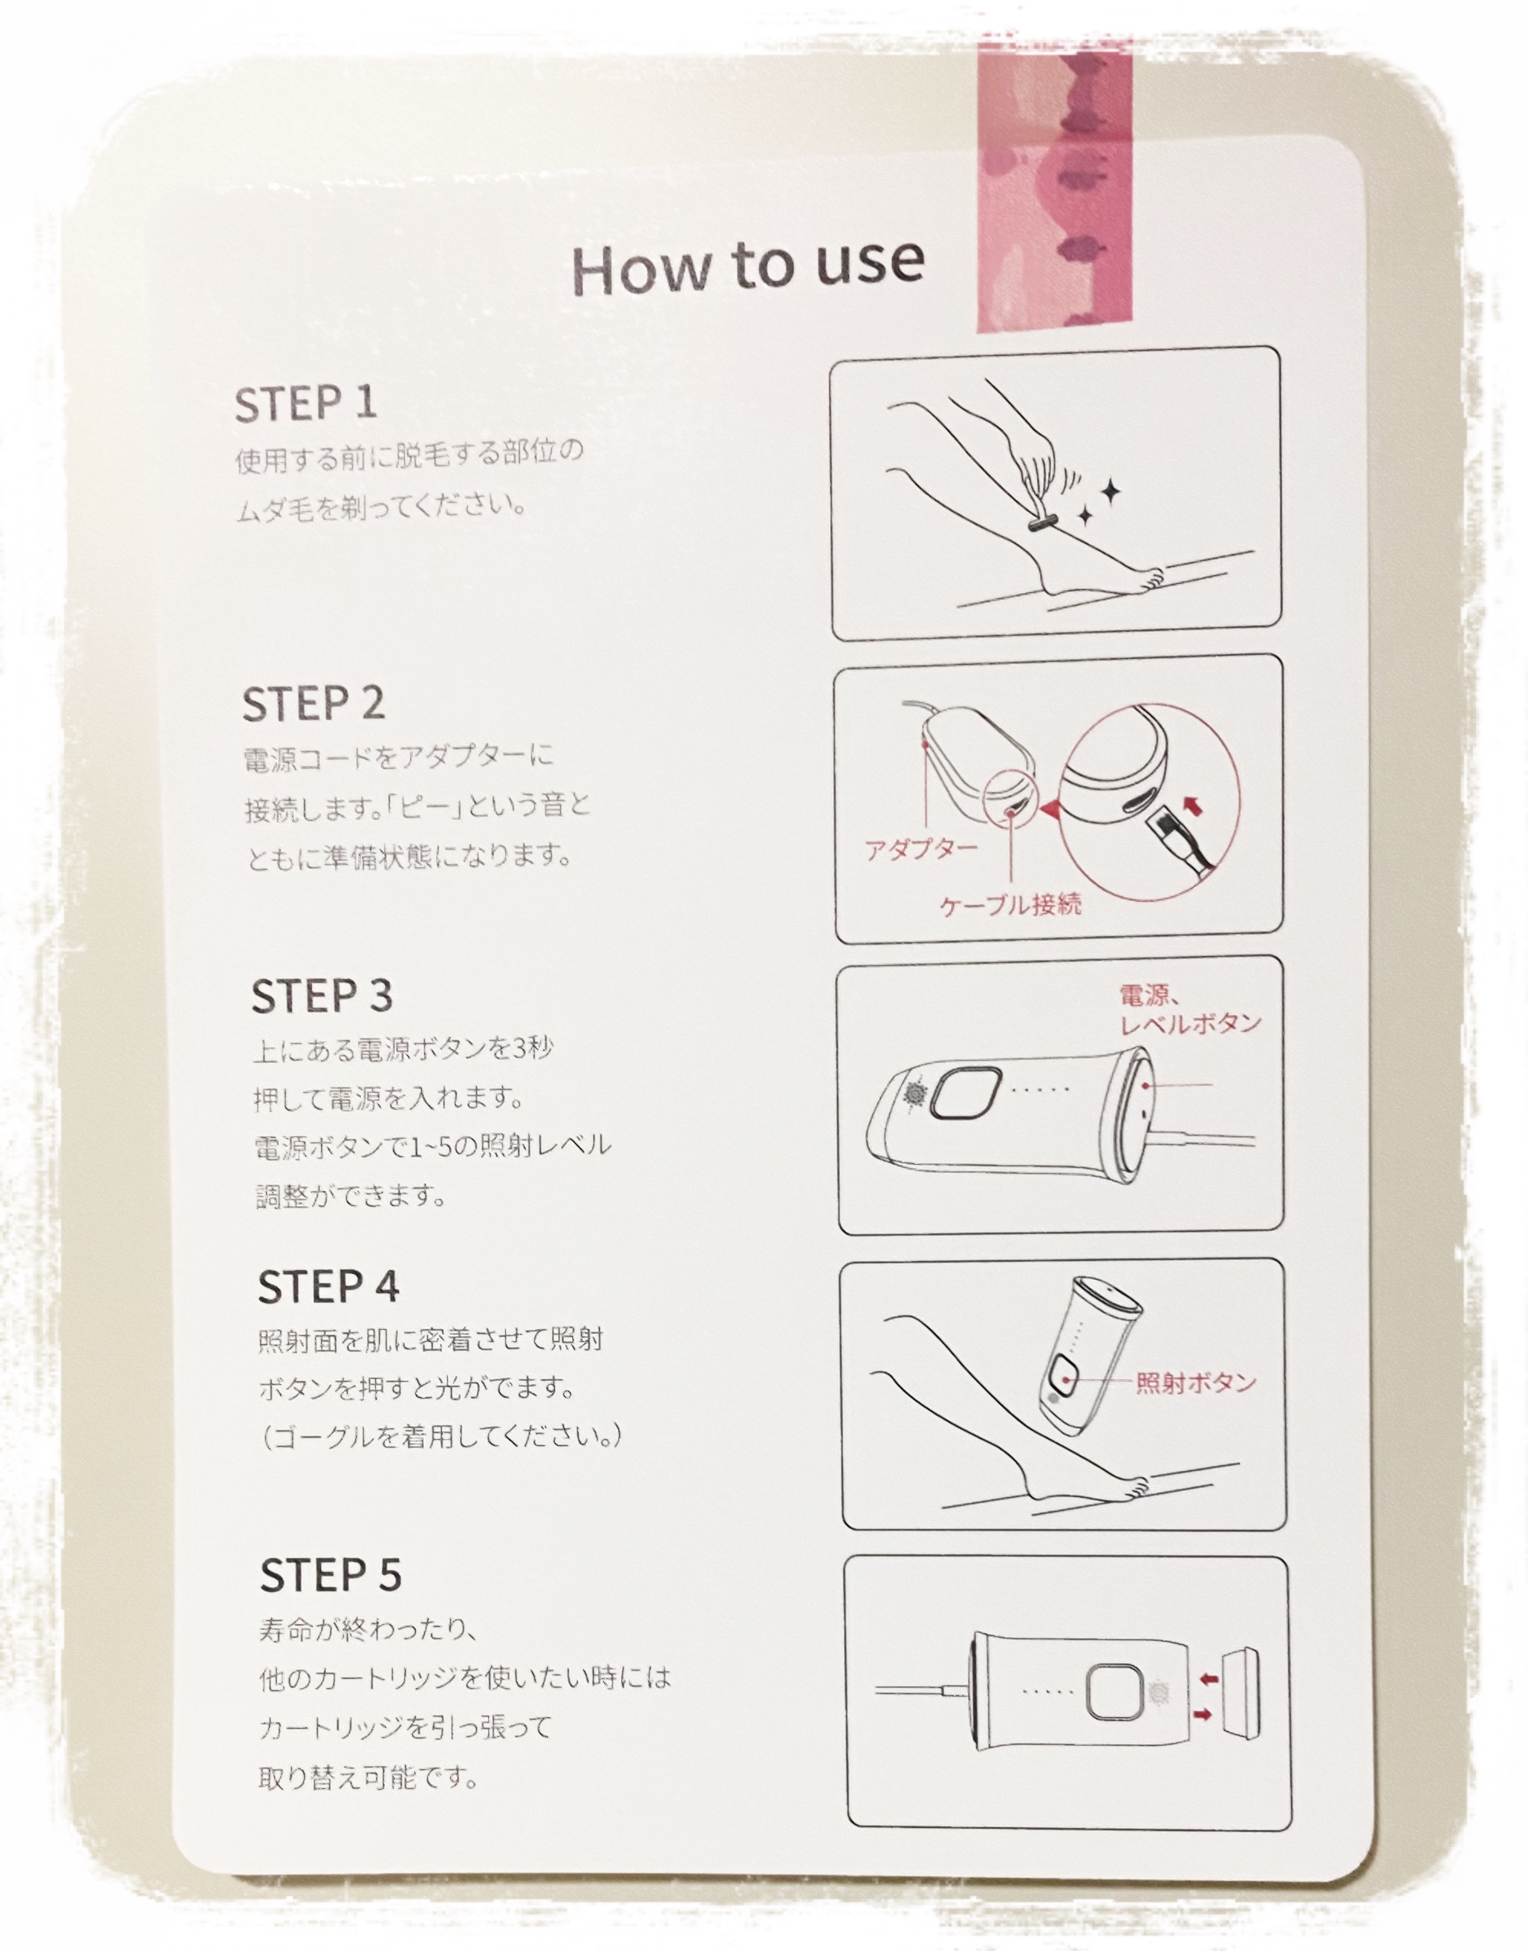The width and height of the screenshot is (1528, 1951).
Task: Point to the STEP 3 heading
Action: click(322, 997)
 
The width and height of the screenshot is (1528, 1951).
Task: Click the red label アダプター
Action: click(920, 849)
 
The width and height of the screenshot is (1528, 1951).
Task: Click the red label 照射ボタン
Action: click(1195, 1383)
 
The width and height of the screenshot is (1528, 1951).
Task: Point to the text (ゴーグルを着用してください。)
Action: click(440, 1437)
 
